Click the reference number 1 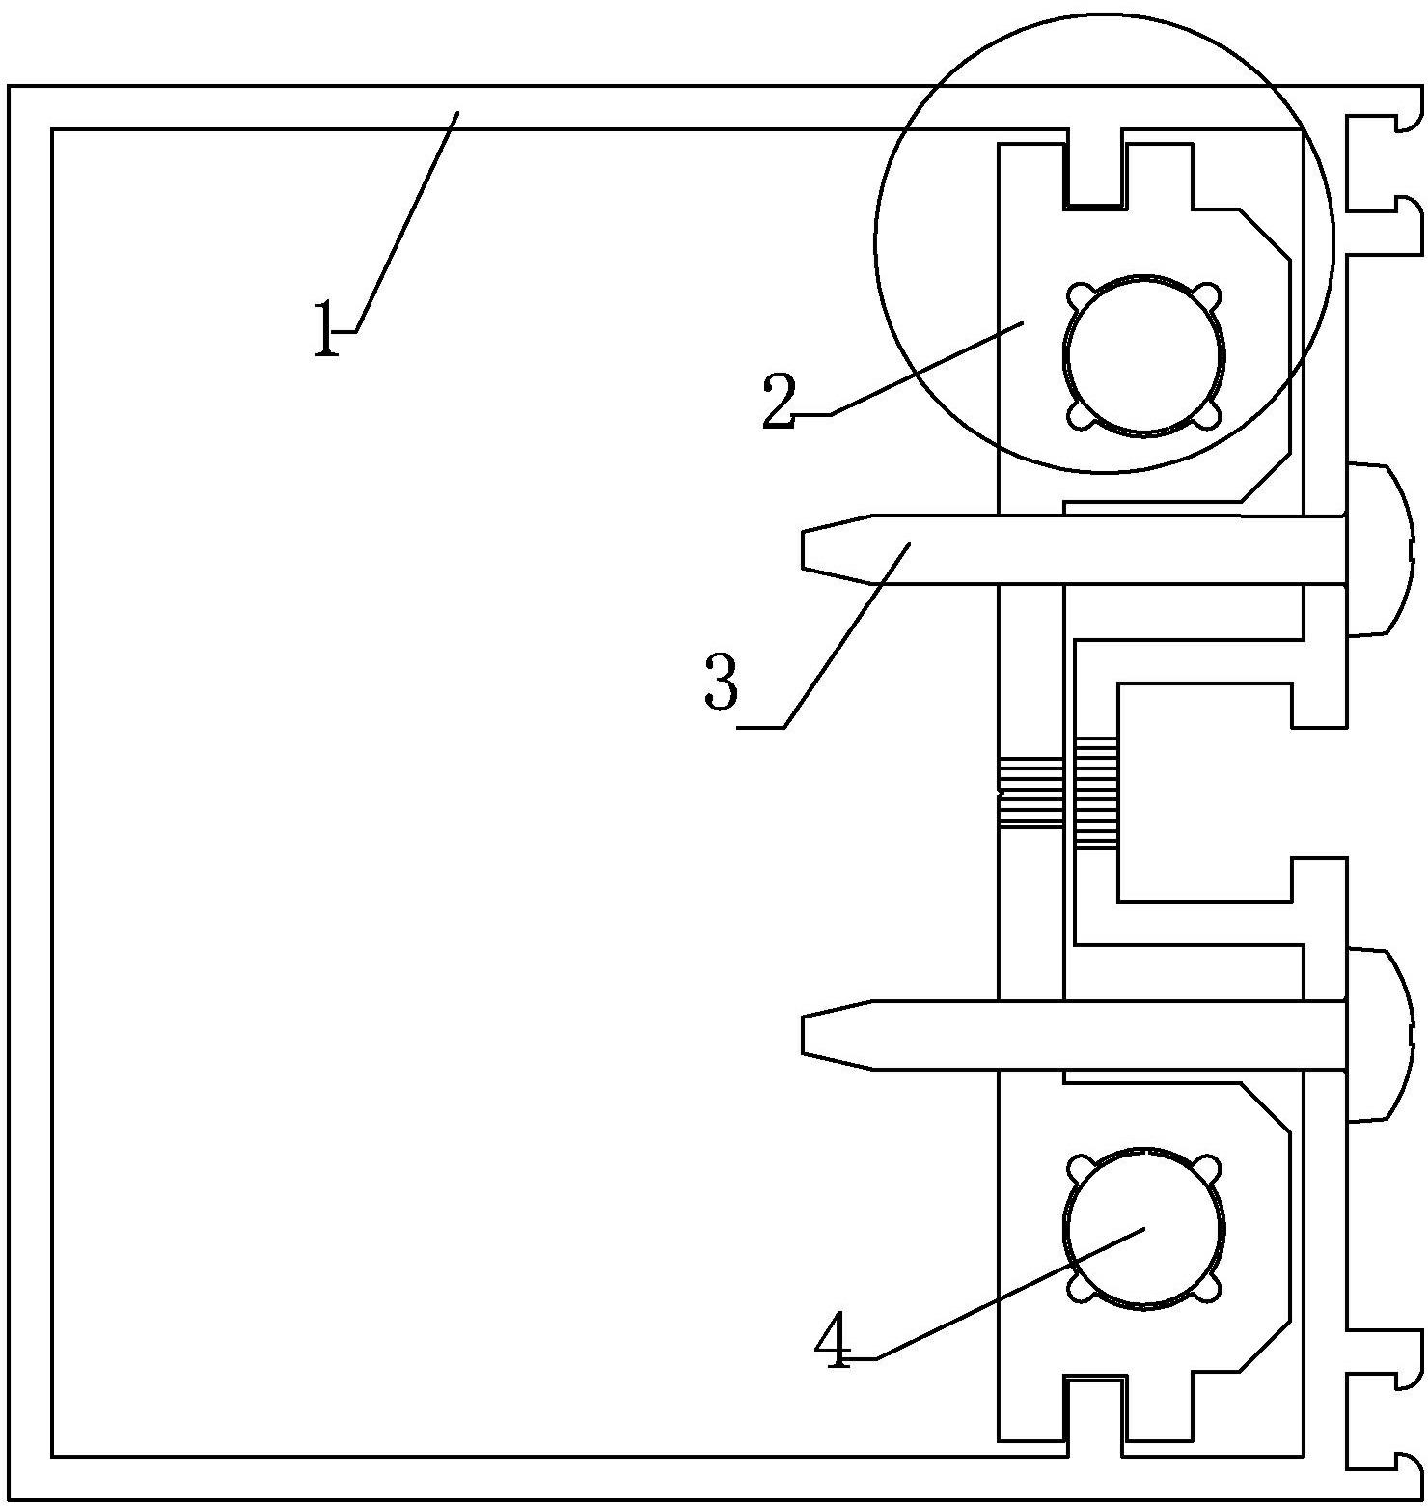coord(326,329)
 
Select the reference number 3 coord(722,682)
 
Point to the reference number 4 coord(833,1342)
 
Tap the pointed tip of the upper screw coord(803,548)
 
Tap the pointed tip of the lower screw coord(803,1035)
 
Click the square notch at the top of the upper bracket coord(1095,168)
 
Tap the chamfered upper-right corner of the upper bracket coord(1265,234)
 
